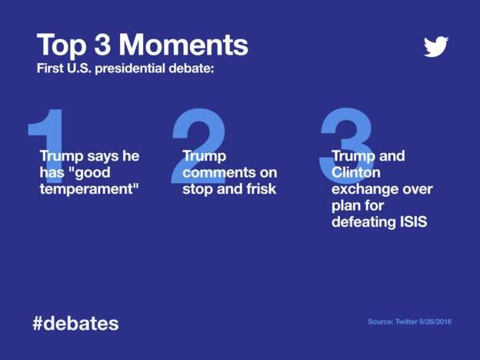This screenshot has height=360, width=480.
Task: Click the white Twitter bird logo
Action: [x=436, y=46]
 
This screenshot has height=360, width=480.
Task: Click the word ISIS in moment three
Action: [x=412, y=223]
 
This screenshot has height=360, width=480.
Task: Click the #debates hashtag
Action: [x=75, y=323]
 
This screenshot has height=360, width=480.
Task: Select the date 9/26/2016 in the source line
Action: [x=432, y=322]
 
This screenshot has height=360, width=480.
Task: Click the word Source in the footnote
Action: [x=381, y=322]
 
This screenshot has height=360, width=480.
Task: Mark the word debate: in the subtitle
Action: [x=190, y=68]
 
